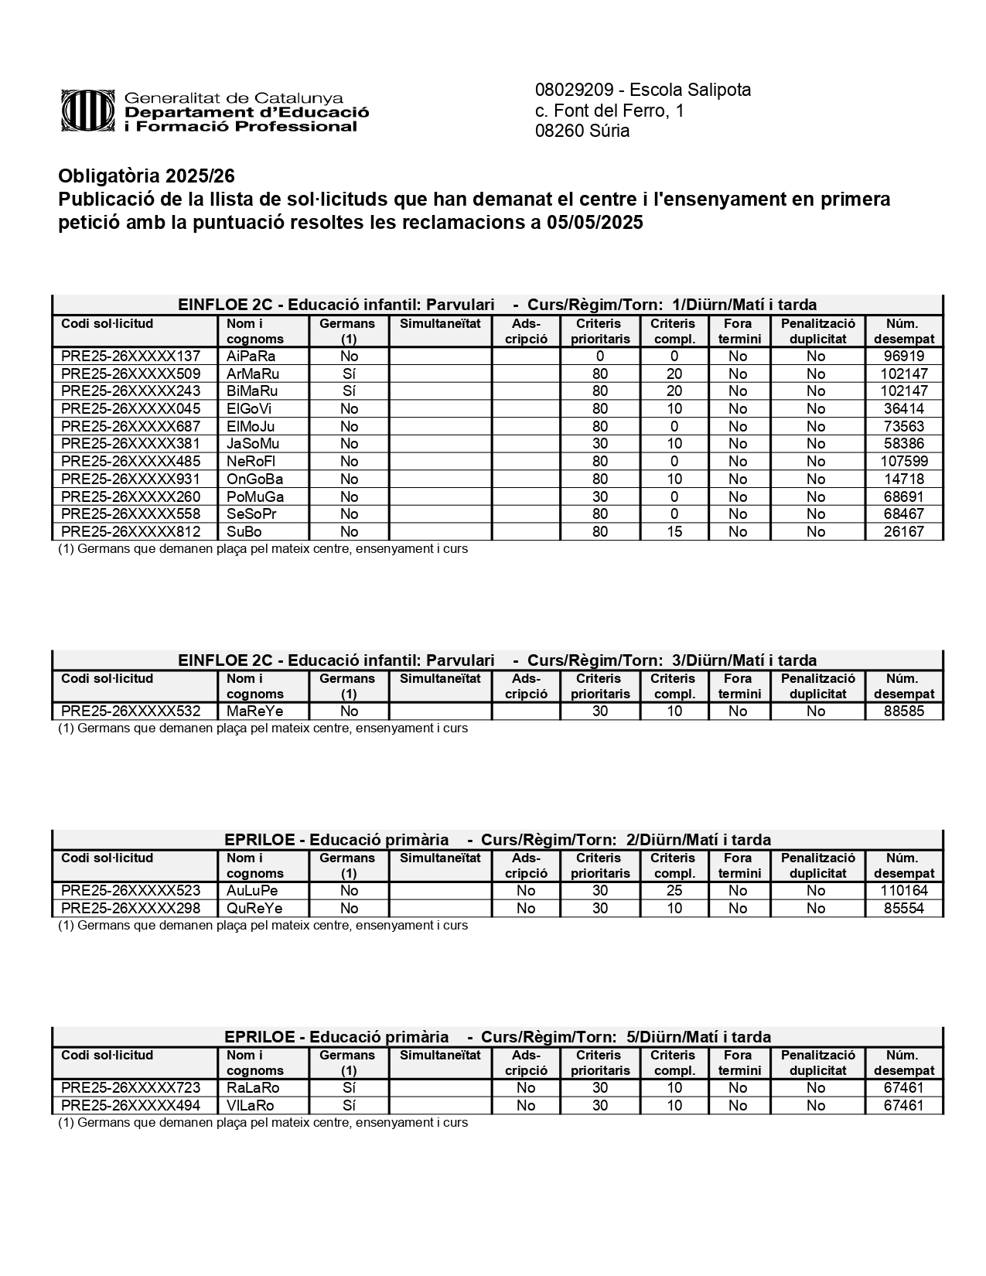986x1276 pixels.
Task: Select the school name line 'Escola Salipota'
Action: (643, 90)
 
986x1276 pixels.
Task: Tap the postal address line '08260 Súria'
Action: (582, 131)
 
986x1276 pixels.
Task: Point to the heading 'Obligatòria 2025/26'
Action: (146, 176)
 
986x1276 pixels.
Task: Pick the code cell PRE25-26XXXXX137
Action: (131, 357)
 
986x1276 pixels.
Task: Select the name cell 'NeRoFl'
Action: (251, 462)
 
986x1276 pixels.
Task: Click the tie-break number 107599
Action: (903, 462)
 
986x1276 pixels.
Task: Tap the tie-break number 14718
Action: (903, 479)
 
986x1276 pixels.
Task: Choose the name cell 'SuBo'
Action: (244, 532)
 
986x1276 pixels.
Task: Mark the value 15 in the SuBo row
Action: (674, 532)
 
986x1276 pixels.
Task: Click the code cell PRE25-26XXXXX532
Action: (131, 711)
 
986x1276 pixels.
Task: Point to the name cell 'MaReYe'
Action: (254, 711)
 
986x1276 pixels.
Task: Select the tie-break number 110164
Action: (903, 891)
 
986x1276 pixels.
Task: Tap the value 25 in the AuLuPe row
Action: (674, 891)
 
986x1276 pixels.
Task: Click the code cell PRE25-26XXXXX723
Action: (131, 1088)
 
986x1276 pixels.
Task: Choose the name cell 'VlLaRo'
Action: (251, 1106)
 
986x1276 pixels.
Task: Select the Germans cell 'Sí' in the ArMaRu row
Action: (349, 374)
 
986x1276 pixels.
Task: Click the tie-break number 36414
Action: (903, 409)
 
